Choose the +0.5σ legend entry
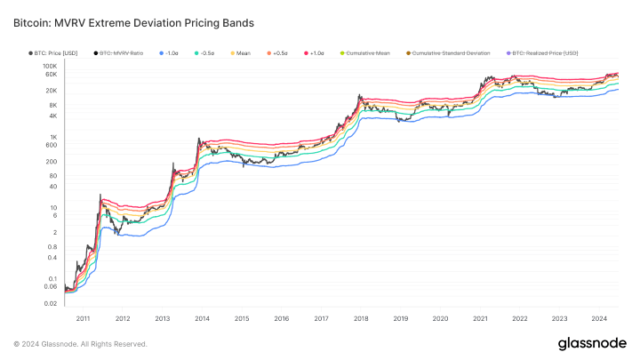(277, 53)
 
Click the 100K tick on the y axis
(50, 67)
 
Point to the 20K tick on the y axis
(52, 91)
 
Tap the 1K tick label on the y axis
(53, 137)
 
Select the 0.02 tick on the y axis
(50, 303)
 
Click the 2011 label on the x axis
(84, 317)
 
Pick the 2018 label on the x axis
(361, 317)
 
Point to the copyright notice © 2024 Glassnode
(80, 344)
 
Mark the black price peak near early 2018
(359, 95)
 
